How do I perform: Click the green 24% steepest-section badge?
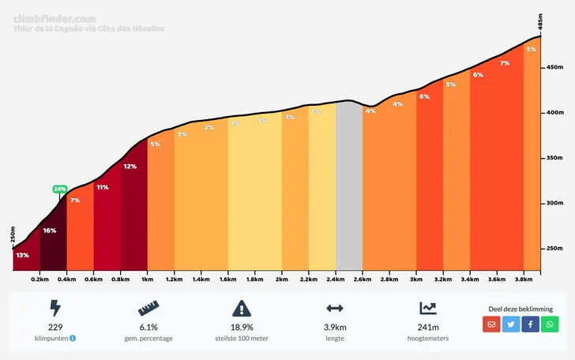point(60,189)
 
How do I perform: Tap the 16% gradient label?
point(49,231)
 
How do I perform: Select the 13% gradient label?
point(22,255)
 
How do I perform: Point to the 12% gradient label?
point(130,167)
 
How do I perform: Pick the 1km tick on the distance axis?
point(147,279)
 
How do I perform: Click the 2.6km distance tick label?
point(362,279)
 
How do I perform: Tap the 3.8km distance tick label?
point(523,279)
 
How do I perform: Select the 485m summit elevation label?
point(540,21)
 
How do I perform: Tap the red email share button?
point(491,324)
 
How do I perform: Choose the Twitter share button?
point(511,324)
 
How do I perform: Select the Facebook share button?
point(530,324)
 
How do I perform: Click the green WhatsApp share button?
point(550,324)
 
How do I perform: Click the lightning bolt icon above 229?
point(54,309)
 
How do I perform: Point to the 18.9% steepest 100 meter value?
point(242,327)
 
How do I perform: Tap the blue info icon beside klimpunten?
point(73,338)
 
